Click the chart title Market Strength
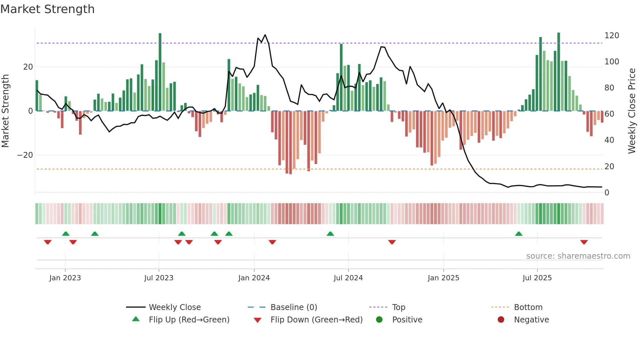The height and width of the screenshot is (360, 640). [47, 9]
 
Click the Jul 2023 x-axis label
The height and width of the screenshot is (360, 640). [159, 278]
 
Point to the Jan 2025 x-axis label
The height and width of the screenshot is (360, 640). [443, 278]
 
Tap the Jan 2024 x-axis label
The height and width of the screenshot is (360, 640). [254, 278]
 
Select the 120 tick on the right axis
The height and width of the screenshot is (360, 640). [612, 36]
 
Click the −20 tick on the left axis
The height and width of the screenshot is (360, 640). [25, 155]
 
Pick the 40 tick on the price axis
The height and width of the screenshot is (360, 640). [609, 140]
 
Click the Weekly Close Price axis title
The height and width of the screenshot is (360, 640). [632, 111]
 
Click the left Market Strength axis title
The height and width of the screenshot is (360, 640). [6, 111]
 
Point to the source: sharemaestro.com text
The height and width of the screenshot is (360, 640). [578, 256]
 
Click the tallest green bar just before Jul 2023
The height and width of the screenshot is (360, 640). [160, 72]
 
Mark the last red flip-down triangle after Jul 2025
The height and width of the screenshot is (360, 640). [584, 242]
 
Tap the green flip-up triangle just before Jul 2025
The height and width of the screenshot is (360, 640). [519, 234]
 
